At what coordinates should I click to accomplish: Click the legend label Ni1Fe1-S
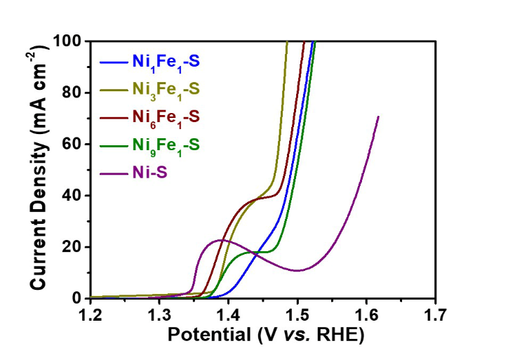(166, 62)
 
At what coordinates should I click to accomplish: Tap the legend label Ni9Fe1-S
(166, 145)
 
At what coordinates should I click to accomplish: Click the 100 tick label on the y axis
(68, 41)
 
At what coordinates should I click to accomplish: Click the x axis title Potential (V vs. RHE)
(266, 335)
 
